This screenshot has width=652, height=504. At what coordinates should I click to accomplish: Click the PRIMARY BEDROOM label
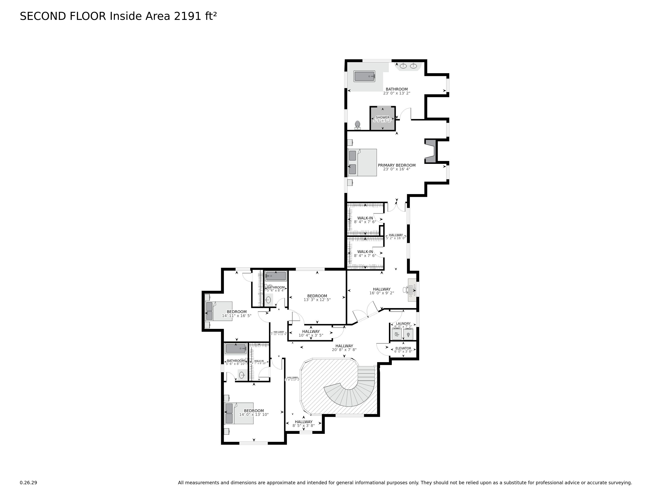coord(397,165)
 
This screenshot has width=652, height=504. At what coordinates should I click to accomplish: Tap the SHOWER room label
coord(383,117)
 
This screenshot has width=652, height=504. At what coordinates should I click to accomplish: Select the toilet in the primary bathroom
coord(358,125)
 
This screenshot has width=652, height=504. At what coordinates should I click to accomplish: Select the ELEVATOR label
coord(403,348)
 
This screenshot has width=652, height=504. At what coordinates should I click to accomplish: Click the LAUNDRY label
coord(403,323)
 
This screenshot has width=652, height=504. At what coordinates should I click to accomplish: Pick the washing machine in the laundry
coord(397,334)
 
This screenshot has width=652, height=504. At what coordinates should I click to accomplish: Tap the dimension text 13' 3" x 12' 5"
coord(317,300)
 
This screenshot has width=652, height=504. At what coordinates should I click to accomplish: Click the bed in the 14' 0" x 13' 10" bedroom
coord(239,413)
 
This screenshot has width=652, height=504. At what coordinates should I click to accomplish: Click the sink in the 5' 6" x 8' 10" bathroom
coord(242,375)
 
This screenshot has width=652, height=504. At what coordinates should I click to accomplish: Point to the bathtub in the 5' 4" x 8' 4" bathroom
coord(276,276)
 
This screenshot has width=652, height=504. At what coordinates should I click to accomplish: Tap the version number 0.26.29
coord(28,482)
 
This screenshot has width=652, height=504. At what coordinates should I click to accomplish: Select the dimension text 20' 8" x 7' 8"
coord(344,350)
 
